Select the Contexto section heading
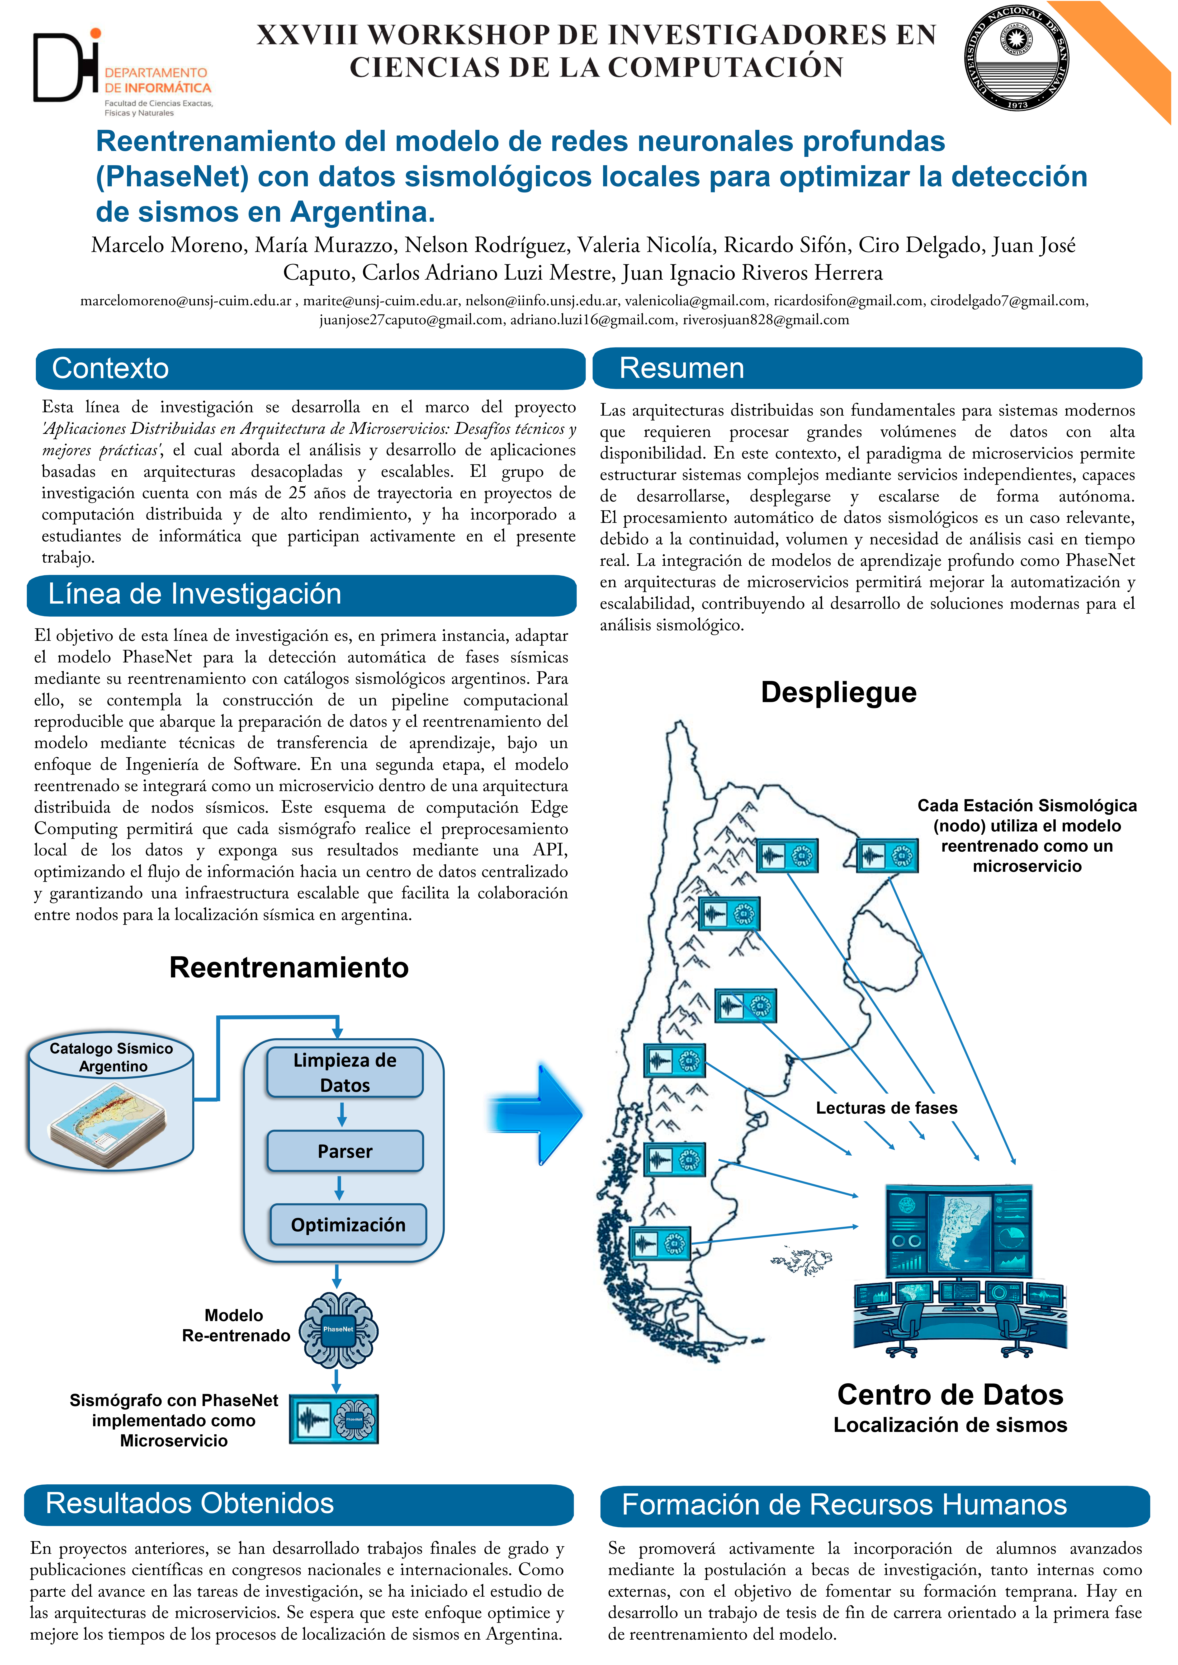pyautogui.click(x=110, y=368)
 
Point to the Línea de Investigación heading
pyautogui.click(x=194, y=594)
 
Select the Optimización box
pyautogui.click(x=348, y=1225)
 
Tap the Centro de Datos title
pyautogui.click(x=950, y=1394)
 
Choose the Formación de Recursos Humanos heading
pyautogui.click(x=844, y=1505)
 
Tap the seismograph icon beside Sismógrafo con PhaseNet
pyautogui.click(x=334, y=1419)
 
